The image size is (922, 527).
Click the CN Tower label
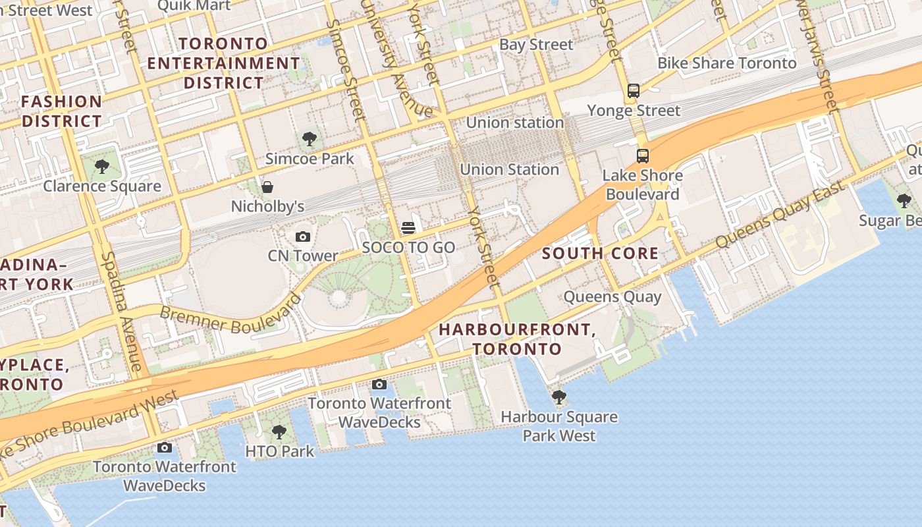tap(303, 256)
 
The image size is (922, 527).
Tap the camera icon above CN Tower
tap(303, 236)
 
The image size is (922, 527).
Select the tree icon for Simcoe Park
tap(309, 139)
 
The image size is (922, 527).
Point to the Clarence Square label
tap(102, 186)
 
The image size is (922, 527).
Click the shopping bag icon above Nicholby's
tap(267, 187)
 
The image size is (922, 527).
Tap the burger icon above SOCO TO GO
tap(408, 229)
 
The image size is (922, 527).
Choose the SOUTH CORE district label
tap(600, 254)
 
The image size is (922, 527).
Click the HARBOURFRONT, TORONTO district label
tap(517, 339)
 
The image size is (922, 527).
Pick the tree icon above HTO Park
tap(279, 432)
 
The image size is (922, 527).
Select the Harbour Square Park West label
tap(559, 426)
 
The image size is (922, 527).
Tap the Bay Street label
tap(536, 45)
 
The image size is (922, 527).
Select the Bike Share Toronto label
tap(727, 63)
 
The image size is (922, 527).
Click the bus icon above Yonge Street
tap(634, 91)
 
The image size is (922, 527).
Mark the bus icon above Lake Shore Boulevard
tap(643, 156)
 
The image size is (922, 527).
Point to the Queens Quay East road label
tap(780, 215)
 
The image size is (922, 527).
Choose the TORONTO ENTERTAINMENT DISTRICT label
tap(224, 63)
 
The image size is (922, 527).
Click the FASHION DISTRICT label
tap(62, 111)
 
